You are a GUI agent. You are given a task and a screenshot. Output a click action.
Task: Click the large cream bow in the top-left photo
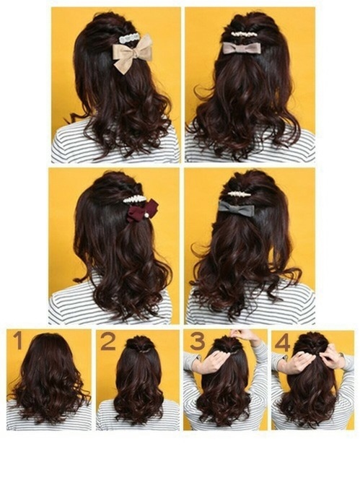point(133,55)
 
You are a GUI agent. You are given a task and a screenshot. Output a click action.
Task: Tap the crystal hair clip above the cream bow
point(130,36)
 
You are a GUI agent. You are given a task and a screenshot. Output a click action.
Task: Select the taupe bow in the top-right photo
point(242,48)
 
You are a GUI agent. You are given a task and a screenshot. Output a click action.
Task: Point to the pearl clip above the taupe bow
point(243,34)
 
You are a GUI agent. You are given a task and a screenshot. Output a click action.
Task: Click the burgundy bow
point(142,211)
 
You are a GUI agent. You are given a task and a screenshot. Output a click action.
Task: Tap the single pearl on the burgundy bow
point(145,214)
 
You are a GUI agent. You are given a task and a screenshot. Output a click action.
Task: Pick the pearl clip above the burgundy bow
point(134,198)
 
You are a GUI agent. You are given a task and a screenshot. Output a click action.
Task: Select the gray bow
point(237,209)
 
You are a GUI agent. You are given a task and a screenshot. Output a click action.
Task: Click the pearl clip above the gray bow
point(239,193)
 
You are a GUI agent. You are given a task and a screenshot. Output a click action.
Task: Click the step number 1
point(17,341)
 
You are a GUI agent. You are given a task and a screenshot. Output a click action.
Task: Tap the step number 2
point(107,341)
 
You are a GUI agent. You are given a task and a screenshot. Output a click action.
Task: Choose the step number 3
point(197,341)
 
